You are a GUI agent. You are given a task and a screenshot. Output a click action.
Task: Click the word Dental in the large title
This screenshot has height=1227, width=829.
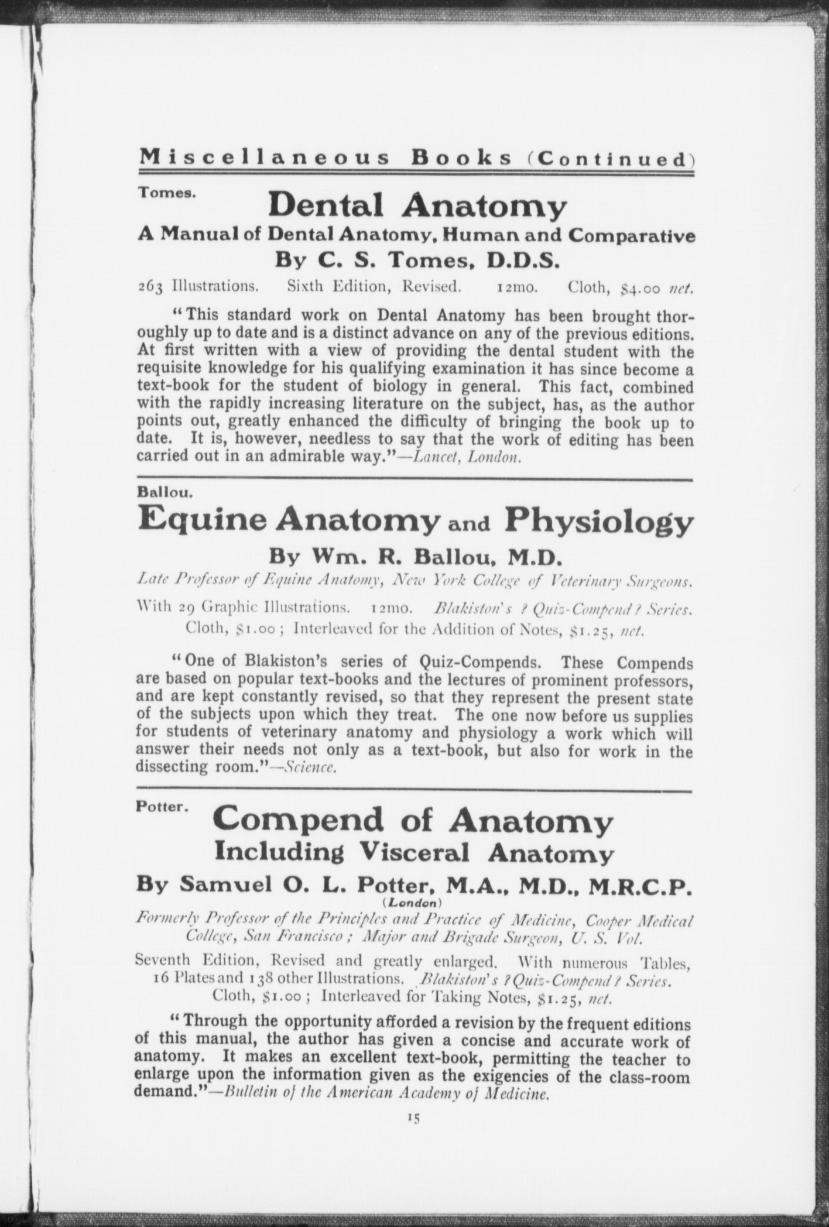coord(326,205)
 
